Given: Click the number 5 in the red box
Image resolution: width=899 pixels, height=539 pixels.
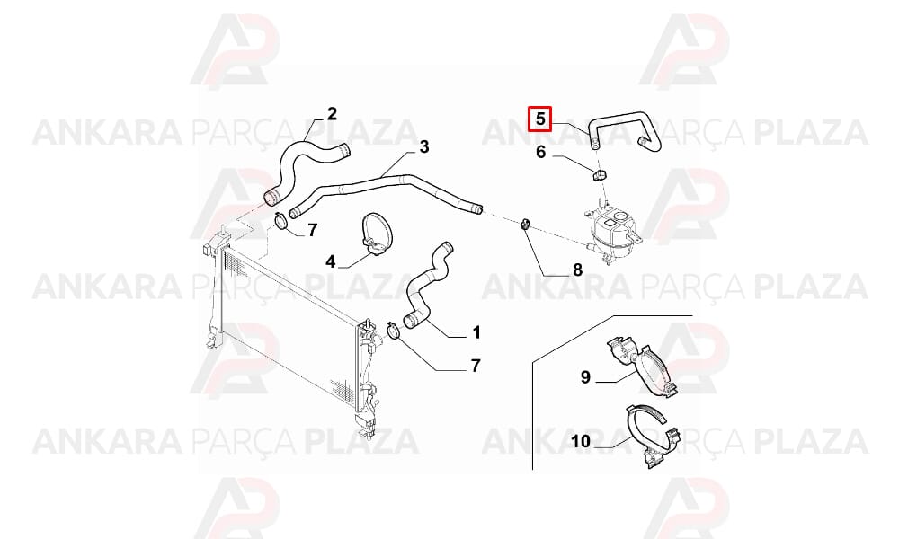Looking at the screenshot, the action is [539, 119].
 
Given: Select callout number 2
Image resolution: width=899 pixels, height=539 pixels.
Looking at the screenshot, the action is [332, 114].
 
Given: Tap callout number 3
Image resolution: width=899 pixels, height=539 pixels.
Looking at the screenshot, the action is [423, 147].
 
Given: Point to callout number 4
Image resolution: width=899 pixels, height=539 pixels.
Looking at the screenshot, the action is [330, 262].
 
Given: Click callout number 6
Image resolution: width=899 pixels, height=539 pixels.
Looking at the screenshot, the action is [540, 153].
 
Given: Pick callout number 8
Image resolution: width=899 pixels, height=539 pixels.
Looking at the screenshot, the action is [577, 269].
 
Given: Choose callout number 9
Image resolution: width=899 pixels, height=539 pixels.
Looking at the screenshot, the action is [585, 377].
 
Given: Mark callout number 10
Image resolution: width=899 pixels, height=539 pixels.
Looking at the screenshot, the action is [581, 442].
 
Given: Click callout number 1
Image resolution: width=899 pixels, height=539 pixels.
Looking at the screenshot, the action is [476, 332].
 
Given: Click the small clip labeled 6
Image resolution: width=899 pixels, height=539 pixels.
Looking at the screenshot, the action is [600, 174].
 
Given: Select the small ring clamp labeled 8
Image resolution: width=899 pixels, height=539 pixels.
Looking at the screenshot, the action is [525, 224].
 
